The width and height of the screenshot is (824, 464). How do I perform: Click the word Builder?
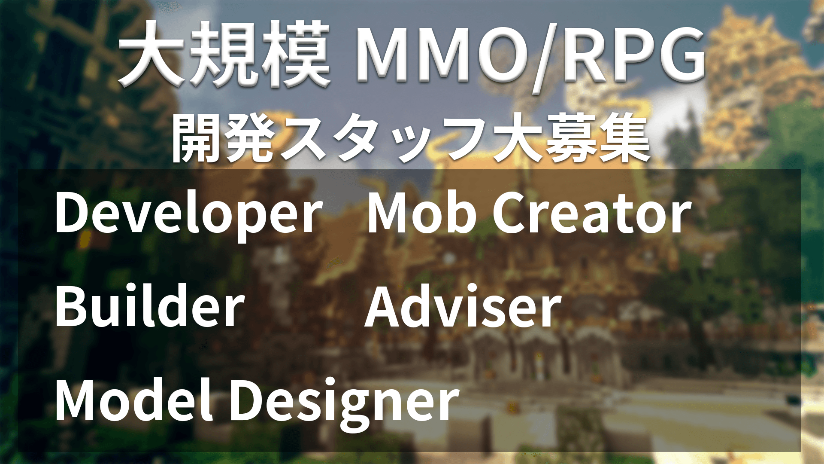[x=150, y=306]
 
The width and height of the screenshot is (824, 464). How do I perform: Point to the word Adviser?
[x=463, y=307]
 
